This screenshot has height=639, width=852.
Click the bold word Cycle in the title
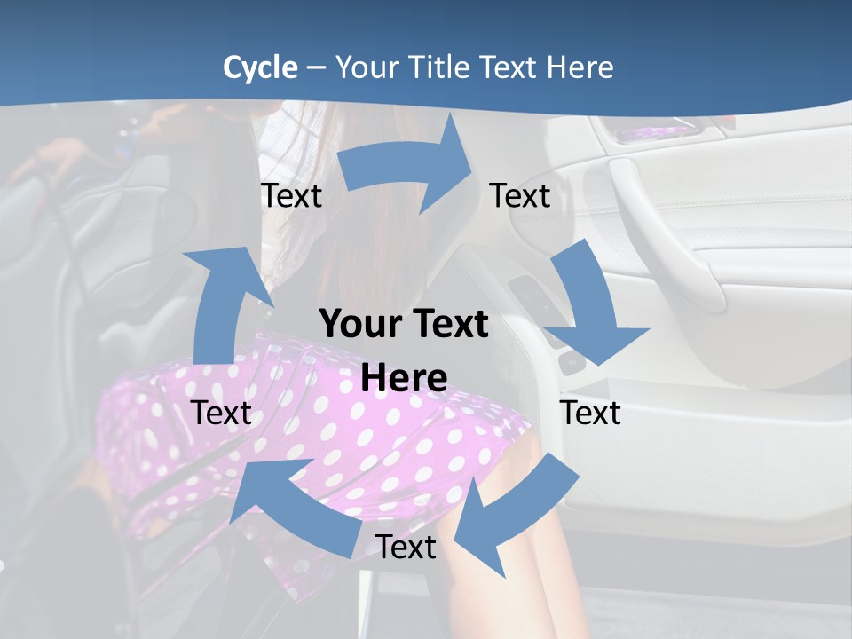point(260,67)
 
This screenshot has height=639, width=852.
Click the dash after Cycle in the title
point(316,68)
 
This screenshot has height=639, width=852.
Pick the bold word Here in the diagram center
point(404,378)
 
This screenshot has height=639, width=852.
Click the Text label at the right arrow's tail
point(291,195)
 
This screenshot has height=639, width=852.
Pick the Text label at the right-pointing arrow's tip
point(520,195)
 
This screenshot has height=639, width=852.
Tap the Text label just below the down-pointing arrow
point(590,413)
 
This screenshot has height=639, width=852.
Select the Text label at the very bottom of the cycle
point(406,547)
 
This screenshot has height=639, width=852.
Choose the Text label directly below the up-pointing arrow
point(221,413)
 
